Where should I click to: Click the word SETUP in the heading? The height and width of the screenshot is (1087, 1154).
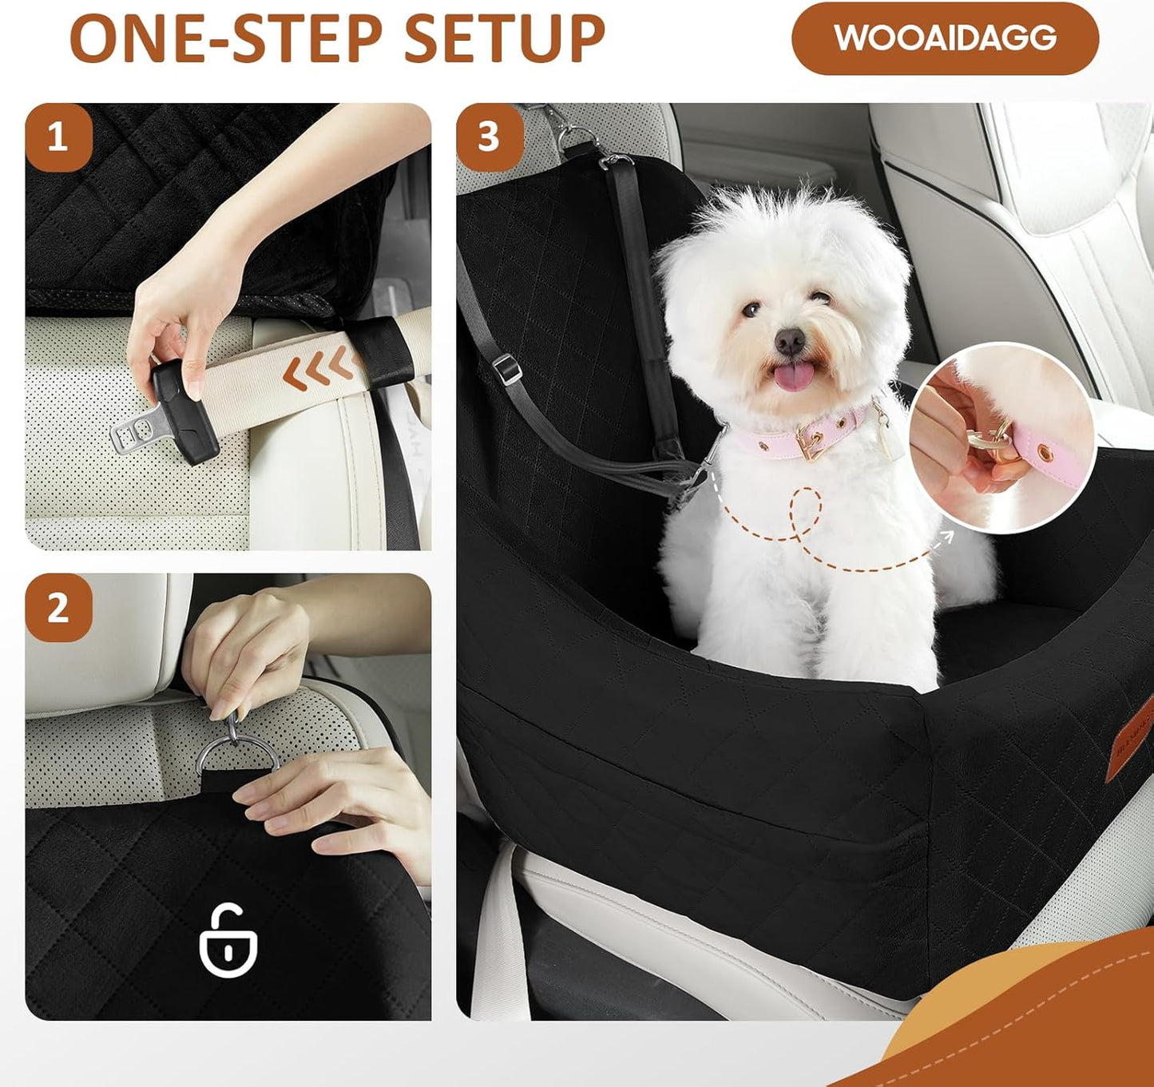pyautogui.click(x=505, y=38)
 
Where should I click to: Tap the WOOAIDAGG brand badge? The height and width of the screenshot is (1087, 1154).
pyautogui.click(x=945, y=38)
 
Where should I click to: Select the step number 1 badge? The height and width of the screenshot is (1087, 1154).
pyautogui.click(x=58, y=137)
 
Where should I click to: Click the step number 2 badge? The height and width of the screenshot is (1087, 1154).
pyautogui.click(x=58, y=608)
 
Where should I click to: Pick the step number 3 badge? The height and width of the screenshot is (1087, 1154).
pyautogui.click(x=489, y=137)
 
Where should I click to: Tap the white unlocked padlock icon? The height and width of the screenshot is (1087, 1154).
pyautogui.click(x=228, y=942)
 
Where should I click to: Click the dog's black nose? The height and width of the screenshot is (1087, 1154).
pyautogui.click(x=789, y=341)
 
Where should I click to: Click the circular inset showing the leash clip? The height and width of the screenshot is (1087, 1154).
pyautogui.click(x=1001, y=438)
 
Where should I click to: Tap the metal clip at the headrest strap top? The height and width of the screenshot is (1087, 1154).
pyautogui.click(x=577, y=137)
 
